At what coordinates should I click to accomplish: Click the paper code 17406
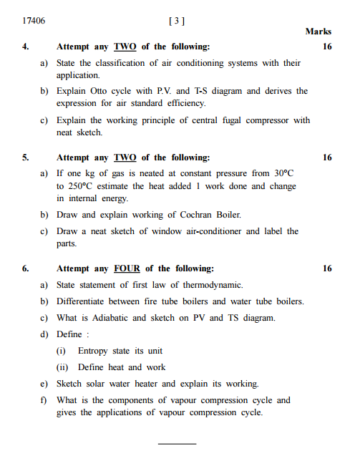[34, 21]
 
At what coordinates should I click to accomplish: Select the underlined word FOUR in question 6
[127, 268]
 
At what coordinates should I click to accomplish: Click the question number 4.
[25, 47]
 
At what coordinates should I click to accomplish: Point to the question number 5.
[25, 157]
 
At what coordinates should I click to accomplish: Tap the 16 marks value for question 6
[327, 268]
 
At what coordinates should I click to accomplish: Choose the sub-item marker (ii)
[62, 367]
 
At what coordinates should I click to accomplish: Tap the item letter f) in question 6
[44, 400]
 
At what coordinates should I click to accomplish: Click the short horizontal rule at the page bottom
[176, 443]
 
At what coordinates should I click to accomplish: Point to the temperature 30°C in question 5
[284, 173]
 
